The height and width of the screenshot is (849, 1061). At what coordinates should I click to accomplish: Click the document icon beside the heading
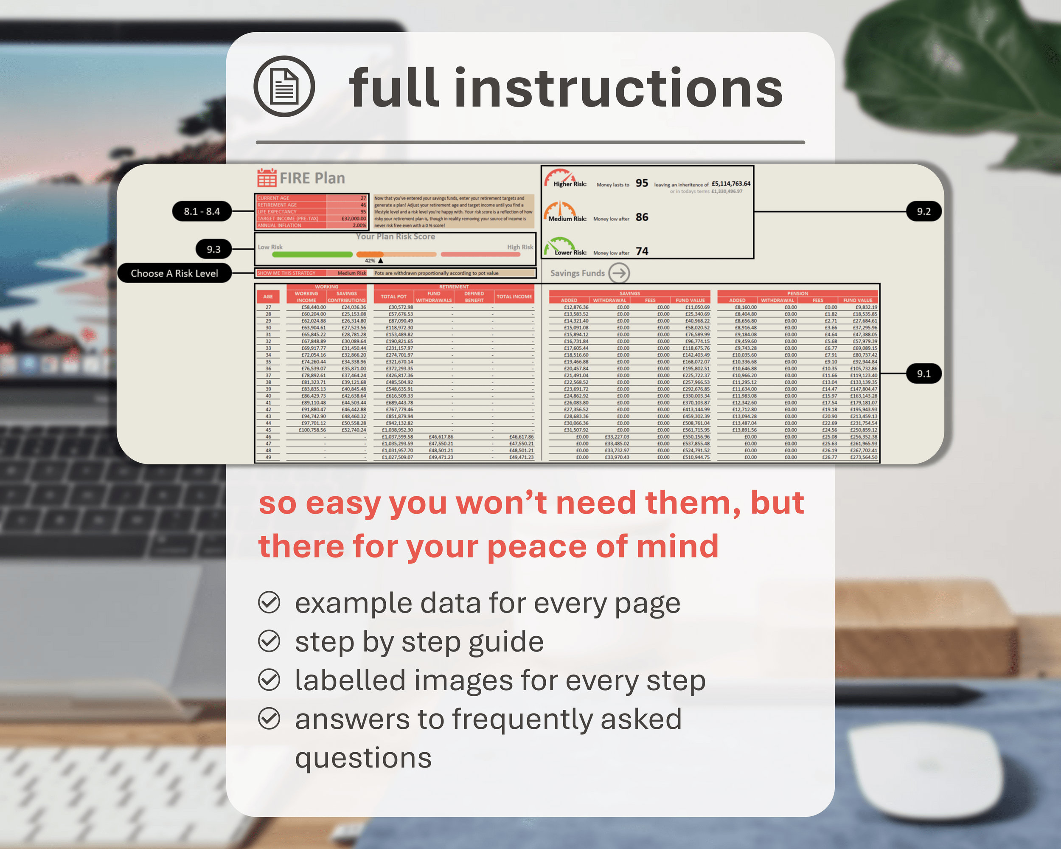[284, 87]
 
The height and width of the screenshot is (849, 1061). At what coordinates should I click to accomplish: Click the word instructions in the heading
[618, 89]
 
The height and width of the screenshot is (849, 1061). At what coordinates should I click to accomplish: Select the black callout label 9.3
[213, 249]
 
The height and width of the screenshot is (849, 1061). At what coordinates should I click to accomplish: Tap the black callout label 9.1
[923, 374]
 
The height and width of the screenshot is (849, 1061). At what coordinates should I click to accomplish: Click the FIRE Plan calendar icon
[267, 178]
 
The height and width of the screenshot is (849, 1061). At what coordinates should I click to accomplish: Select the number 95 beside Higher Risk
[642, 183]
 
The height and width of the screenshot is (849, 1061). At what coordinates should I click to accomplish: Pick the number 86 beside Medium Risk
[642, 217]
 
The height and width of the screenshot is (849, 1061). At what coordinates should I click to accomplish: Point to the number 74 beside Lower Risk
[642, 251]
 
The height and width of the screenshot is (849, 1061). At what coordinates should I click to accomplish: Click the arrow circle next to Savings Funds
[619, 273]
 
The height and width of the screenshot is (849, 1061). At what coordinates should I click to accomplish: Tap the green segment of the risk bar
[305, 254]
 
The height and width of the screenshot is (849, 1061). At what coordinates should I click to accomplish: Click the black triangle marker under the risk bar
[380, 260]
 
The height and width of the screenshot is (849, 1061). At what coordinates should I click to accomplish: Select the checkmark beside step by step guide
[269, 641]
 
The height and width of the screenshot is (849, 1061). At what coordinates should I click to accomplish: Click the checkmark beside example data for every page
[269, 602]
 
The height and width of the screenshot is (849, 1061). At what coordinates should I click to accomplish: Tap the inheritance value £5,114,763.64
[731, 183]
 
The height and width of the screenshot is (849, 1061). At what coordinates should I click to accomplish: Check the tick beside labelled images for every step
[269, 680]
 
